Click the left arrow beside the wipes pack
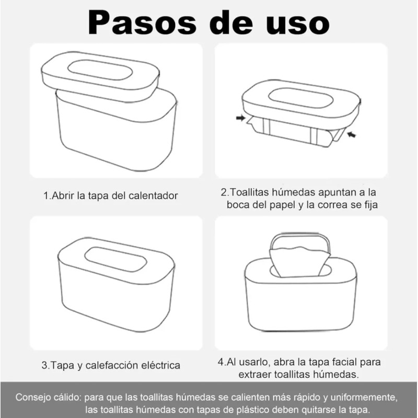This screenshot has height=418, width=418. [240, 118]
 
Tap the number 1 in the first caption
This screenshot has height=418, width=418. [45, 195]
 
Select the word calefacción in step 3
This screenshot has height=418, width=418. [111, 365]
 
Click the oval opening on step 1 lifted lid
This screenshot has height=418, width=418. [100, 70]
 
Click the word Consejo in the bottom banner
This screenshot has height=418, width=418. [33, 397]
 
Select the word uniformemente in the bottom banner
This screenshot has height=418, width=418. [364, 397]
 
